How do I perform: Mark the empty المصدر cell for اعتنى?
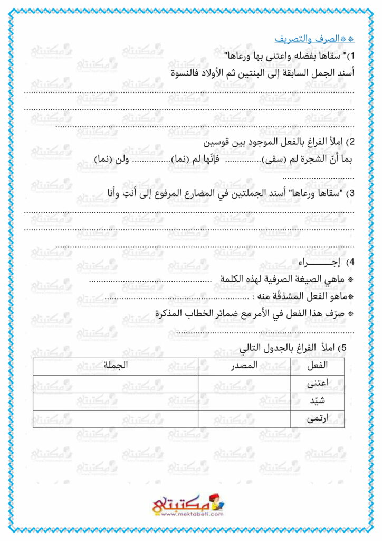[x=244, y=384]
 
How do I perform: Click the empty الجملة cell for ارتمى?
[x=116, y=418]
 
